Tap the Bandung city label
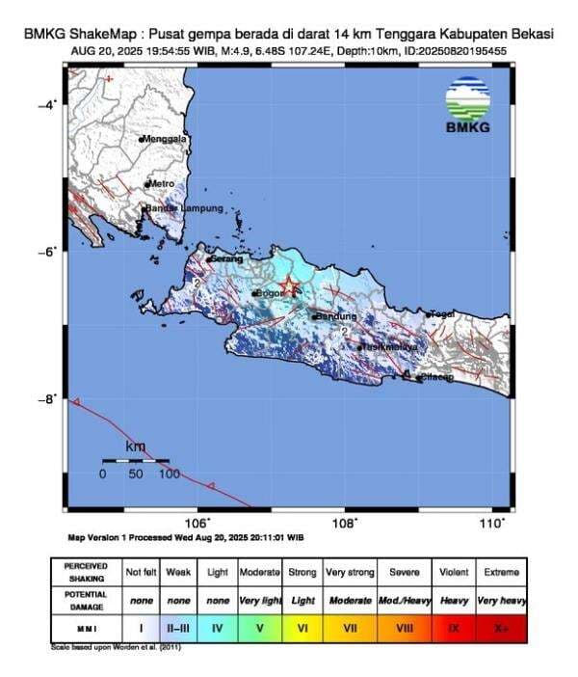click(x=336, y=316)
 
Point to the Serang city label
click(x=224, y=258)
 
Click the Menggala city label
click(x=165, y=139)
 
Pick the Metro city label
click(x=161, y=183)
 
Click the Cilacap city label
click(x=436, y=377)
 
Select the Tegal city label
click(x=443, y=313)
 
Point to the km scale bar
click(x=136, y=461)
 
